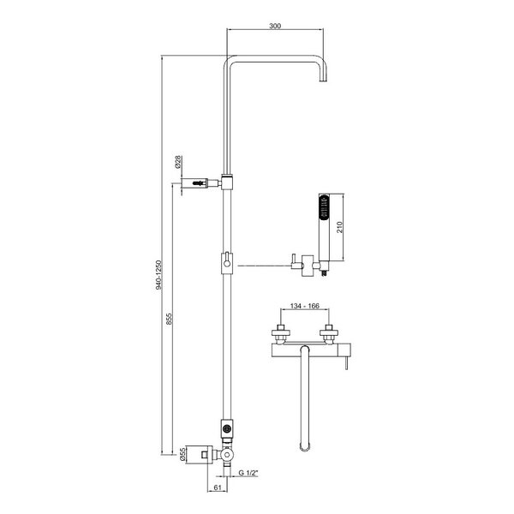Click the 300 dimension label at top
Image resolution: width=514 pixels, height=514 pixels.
pyautogui.click(x=275, y=26)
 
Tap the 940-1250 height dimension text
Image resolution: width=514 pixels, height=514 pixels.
pyautogui.click(x=159, y=275)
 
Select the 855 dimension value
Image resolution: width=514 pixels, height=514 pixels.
pyautogui.click(x=169, y=319)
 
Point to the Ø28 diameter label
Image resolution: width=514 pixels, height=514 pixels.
pyautogui.click(x=178, y=162)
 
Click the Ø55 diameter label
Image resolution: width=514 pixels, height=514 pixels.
pyautogui.click(x=183, y=455)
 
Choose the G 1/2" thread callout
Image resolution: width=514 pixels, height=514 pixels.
pyautogui.click(x=248, y=473)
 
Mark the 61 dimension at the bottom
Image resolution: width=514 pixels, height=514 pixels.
pyautogui.click(x=218, y=487)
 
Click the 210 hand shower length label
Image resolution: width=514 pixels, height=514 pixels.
pyautogui.click(x=339, y=227)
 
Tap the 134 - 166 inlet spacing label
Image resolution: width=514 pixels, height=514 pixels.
pyautogui.click(x=304, y=306)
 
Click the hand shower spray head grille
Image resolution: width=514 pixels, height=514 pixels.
pyautogui.click(x=324, y=206)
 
